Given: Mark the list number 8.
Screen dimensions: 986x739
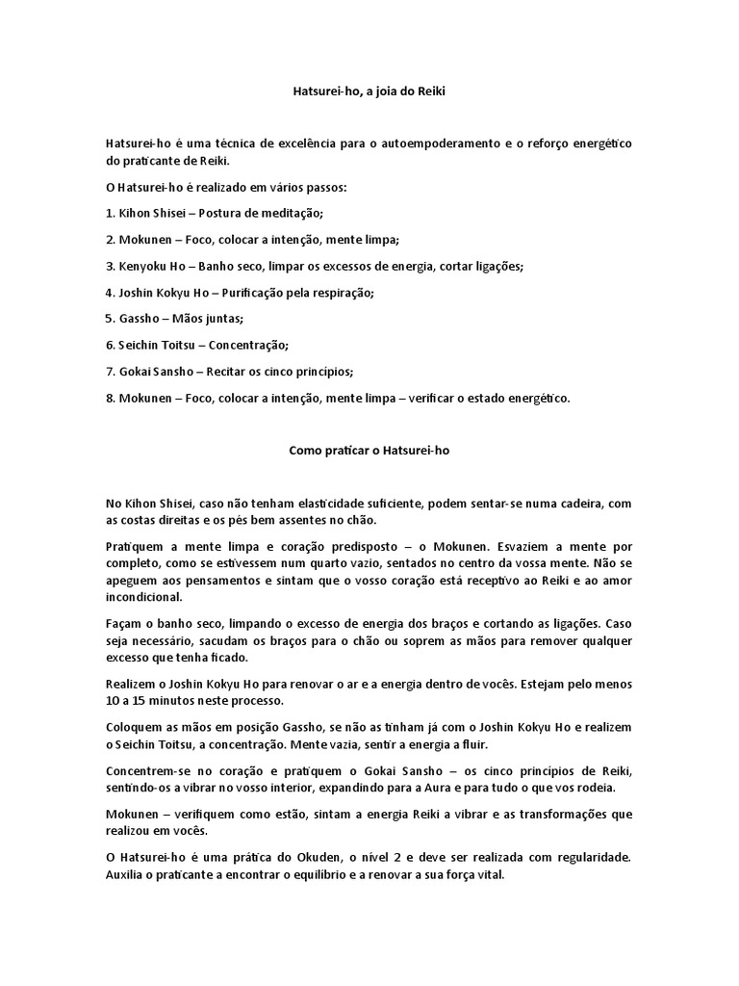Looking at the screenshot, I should pos(110,398).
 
